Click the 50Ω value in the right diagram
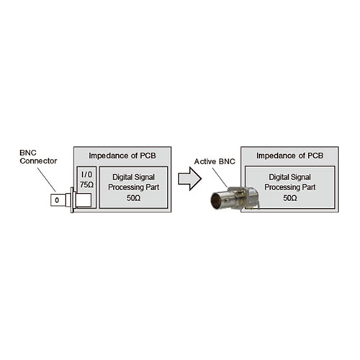(289, 197)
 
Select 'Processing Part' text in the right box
(289, 186)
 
